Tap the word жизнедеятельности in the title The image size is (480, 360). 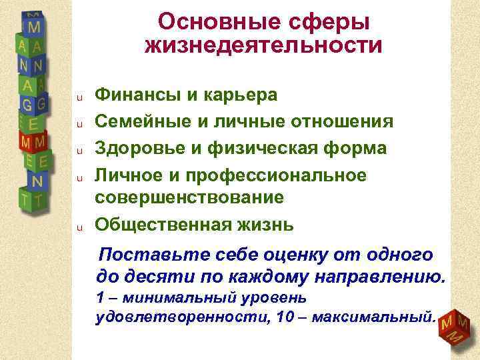pyautogui.click(x=263, y=46)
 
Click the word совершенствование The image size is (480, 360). pyautogui.click(x=189, y=198)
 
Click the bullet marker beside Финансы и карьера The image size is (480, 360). pyautogui.click(x=78, y=97)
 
